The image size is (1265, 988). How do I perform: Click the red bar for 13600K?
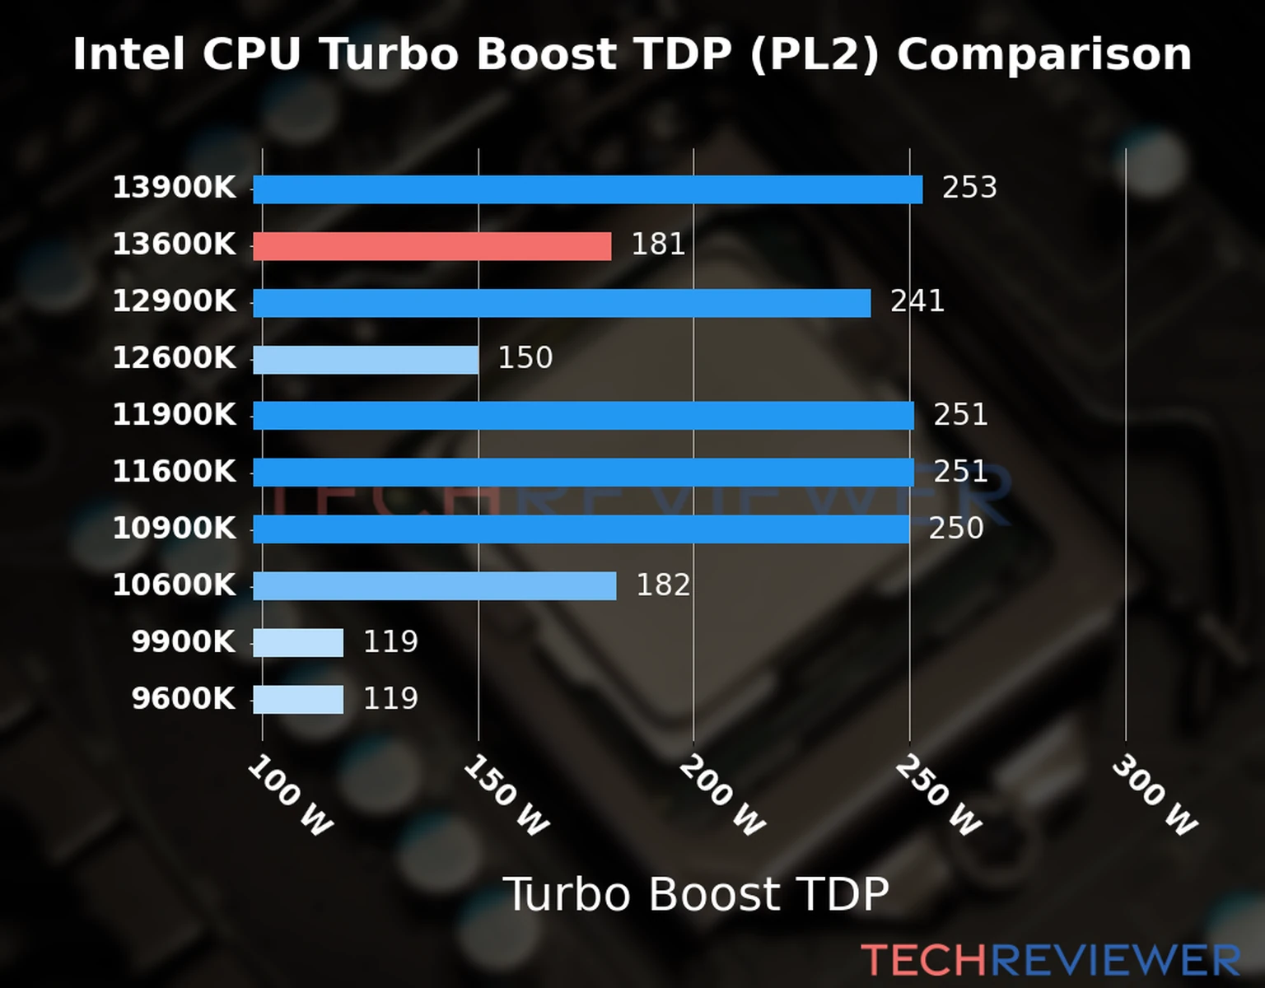coord(432,246)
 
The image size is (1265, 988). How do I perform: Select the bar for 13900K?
coord(587,189)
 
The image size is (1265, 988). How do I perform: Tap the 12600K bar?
coord(366,360)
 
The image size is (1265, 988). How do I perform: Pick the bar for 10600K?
coord(434,586)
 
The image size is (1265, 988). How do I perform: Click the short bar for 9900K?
coord(298,643)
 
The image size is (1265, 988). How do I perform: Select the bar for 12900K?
coord(562,303)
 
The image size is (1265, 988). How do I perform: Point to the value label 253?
coord(969,188)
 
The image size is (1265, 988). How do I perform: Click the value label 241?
coord(917,301)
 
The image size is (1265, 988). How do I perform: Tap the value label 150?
coord(525,358)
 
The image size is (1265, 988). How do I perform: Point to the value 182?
coord(663,585)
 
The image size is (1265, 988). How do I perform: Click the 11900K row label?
coord(174,414)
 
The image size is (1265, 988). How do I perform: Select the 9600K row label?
coord(183,698)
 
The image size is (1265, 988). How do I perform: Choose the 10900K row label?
coord(174,528)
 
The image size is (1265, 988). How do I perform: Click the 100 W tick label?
coord(290,795)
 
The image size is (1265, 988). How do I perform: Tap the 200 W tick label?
coord(722,795)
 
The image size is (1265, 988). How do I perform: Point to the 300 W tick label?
coord(1154,795)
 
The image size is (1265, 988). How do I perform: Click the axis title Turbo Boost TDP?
coord(696,894)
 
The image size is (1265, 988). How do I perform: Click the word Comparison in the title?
coord(1044,54)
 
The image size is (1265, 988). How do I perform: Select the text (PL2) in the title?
coord(814,54)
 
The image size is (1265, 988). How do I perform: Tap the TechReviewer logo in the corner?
coord(1050,960)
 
